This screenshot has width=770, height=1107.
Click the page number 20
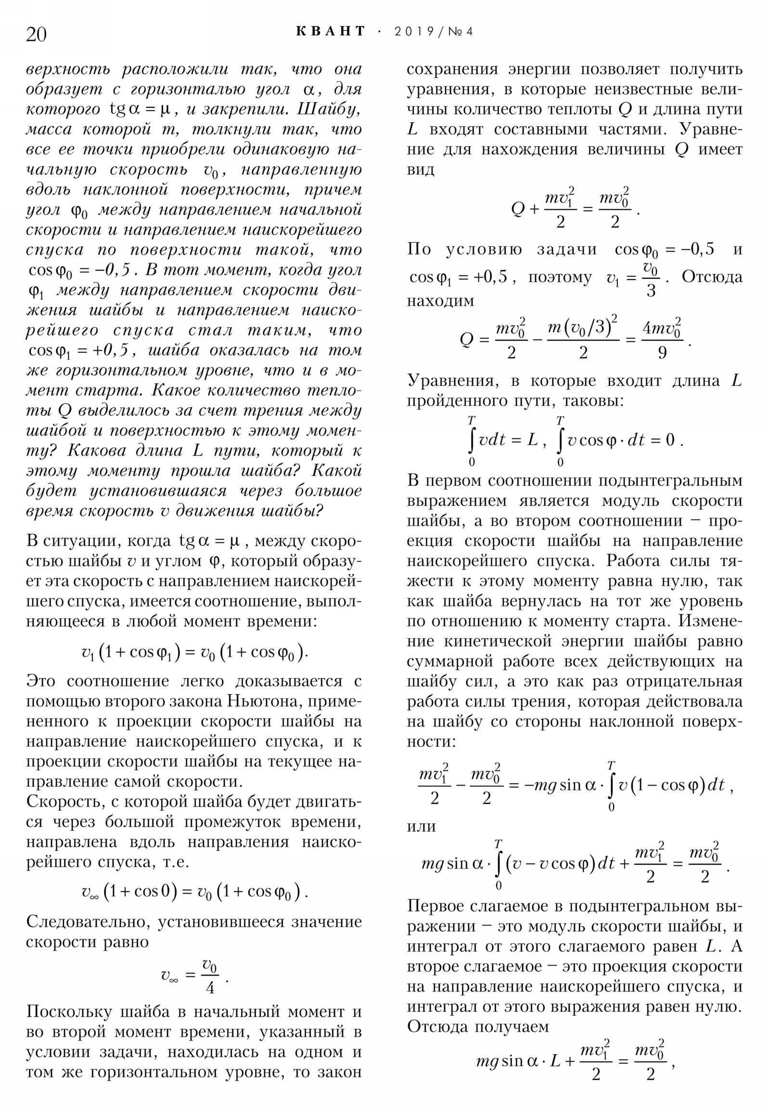[36, 35]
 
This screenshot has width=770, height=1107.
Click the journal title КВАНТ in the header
[331, 32]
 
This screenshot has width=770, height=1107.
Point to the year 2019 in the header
[414, 32]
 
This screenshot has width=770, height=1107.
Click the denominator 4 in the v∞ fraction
[210, 988]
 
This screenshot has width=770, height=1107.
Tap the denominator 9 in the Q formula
[662, 353]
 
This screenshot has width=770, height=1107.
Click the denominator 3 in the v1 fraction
[651, 291]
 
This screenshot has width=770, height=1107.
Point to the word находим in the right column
[440, 301]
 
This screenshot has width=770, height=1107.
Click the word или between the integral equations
[421, 826]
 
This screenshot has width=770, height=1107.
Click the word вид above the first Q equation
[420, 170]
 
